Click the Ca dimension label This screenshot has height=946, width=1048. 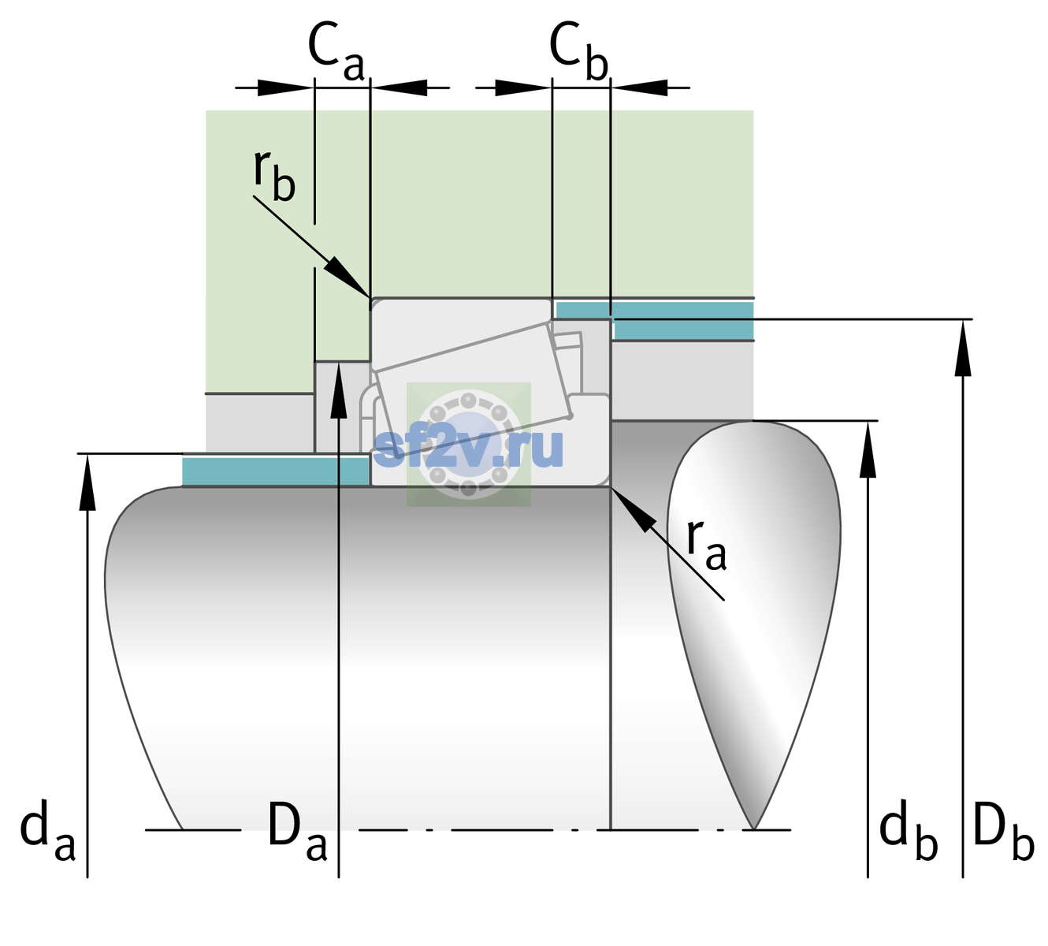coord(336,52)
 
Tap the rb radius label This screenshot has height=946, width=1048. coord(274,176)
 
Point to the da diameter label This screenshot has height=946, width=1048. coord(47,829)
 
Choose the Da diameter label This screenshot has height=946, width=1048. coord(297,829)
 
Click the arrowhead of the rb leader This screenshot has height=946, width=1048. coord(347,277)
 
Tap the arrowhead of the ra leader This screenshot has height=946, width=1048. coord(634,508)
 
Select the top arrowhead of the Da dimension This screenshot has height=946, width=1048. coord(339,389)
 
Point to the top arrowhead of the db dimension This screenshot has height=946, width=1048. coord(868,449)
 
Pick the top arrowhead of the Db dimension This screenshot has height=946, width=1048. coord(963,348)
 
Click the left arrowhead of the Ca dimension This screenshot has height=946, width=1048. coord(285,88)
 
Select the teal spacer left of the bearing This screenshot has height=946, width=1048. coord(275,471)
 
